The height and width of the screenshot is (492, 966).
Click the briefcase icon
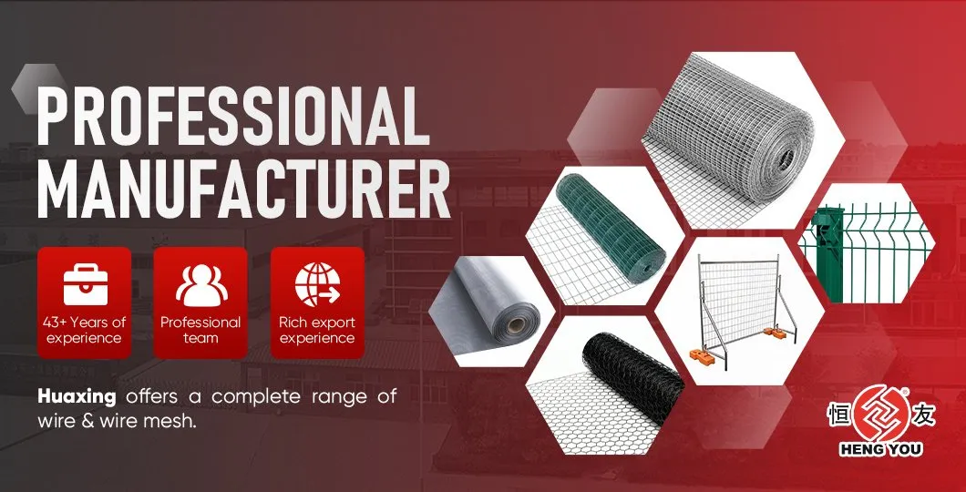tap(85, 282)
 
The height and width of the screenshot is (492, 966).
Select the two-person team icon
tap(200, 283)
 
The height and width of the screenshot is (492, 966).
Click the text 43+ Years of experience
tap(85, 330)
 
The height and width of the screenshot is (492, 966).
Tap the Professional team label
tap(200, 330)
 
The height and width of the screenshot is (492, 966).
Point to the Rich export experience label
tap(316, 330)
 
